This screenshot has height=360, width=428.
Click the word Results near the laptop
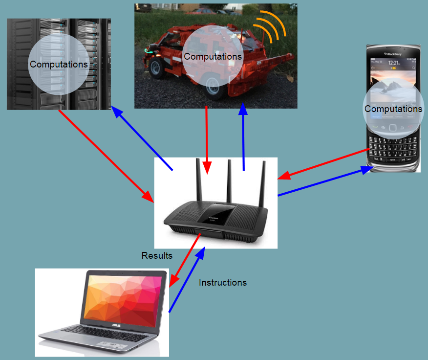click(x=157, y=255)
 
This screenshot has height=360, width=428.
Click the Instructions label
click(x=222, y=283)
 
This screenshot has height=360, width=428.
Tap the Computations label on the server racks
click(x=59, y=65)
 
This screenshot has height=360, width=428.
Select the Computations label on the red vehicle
click(x=213, y=57)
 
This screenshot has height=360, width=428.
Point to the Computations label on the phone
click(x=393, y=109)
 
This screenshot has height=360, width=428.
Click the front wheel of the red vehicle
click(x=214, y=86)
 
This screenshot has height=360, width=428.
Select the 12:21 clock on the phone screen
click(x=394, y=63)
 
